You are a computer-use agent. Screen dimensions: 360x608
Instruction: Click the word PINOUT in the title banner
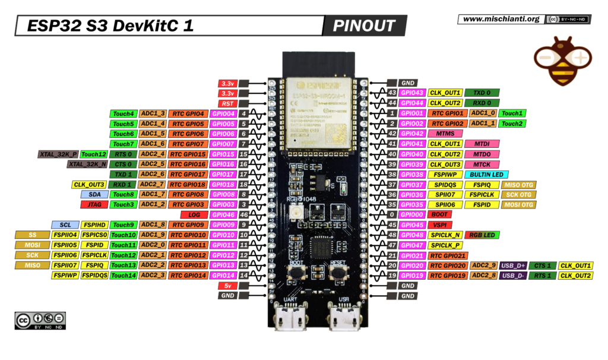click(x=364, y=26)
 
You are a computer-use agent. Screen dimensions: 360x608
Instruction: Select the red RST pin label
click(x=227, y=103)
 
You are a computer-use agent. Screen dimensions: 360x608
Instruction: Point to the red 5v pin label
click(x=227, y=285)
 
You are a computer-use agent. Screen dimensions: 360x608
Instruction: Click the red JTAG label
click(x=94, y=204)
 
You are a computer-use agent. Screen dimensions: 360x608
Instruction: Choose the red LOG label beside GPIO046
click(x=194, y=214)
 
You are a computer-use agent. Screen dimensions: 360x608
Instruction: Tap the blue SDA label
click(x=94, y=194)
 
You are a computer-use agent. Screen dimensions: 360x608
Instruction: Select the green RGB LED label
click(x=482, y=235)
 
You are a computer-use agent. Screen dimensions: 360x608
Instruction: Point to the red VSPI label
click(x=440, y=225)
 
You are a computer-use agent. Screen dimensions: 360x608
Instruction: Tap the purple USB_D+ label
click(x=514, y=265)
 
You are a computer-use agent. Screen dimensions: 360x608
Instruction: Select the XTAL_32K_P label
click(x=58, y=154)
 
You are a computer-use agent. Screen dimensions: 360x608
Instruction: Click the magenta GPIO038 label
click(x=411, y=174)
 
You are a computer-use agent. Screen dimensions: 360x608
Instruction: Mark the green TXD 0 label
click(x=482, y=93)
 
